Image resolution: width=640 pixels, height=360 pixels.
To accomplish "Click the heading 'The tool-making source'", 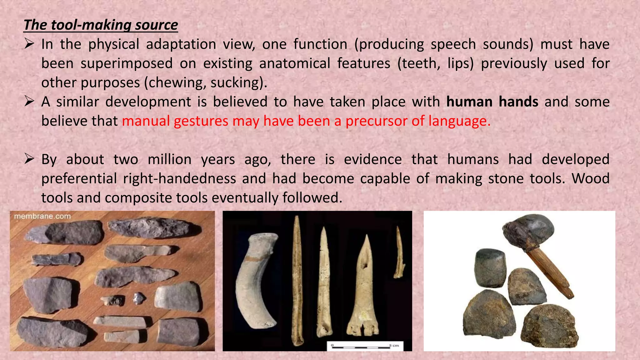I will (x=101, y=25).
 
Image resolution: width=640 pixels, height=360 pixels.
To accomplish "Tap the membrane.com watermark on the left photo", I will (x=42, y=216).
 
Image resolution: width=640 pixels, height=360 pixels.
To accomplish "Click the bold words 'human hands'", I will (x=492, y=102).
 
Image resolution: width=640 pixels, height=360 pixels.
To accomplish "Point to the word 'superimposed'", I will (x=127, y=64).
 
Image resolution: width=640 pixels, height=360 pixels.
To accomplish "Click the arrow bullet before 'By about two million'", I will (x=29, y=159).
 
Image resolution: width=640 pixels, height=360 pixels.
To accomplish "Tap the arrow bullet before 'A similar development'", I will (x=29, y=102).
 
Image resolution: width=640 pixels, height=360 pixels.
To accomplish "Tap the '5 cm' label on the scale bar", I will (x=394, y=345).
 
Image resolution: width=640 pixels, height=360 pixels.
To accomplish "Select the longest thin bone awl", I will (x=297, y=281).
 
